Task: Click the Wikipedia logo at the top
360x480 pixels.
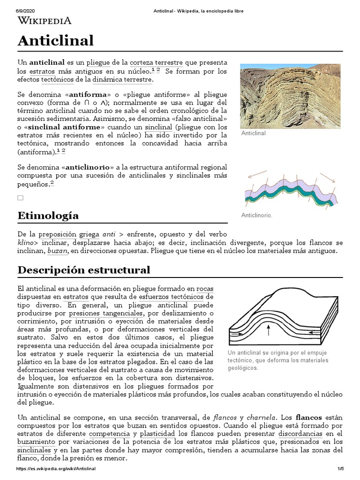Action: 45,20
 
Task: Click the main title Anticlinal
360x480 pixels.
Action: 56,41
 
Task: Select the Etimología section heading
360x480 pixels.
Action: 48,216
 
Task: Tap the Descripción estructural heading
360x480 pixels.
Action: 84,270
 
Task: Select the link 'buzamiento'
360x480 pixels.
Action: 35,442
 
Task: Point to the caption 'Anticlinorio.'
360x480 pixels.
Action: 257,215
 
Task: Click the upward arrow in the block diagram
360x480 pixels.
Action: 268,330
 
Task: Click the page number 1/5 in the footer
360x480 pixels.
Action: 340,469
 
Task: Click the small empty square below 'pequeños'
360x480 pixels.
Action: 20,198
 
